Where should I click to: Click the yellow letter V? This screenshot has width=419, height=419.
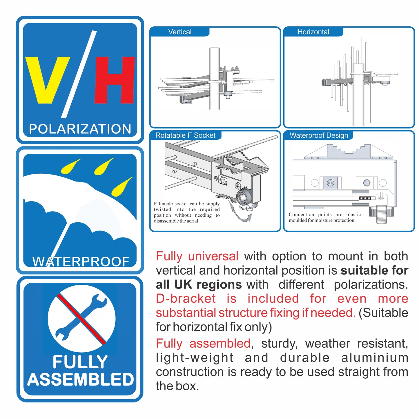coord(47,80)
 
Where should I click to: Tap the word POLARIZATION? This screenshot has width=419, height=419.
coord(80,129)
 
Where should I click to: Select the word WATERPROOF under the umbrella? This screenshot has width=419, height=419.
coord(81,262)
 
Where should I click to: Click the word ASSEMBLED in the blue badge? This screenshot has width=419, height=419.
coord(80,380)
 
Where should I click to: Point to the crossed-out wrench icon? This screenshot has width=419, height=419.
coord(81,318)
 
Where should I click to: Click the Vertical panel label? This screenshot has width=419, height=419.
coord(180,32)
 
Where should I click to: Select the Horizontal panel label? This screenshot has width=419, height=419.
coord(313,32)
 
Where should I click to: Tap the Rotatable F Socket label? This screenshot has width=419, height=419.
coord(185,135)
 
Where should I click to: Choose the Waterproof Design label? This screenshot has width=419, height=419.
coord(319,135)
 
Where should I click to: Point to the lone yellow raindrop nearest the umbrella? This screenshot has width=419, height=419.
coord(121,187)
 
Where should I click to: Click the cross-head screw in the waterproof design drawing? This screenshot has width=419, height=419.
coord(331,183)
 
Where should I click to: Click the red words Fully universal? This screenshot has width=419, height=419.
coord(197,256)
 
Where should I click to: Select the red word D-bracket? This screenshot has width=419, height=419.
coord(186,299)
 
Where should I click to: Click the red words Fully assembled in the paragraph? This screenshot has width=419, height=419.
coord(203,344)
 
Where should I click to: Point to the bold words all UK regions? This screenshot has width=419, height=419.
coord(199,284)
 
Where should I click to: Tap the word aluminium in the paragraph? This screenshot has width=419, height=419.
coord(374,358)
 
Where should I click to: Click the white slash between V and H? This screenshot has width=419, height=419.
coord(79,74)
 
